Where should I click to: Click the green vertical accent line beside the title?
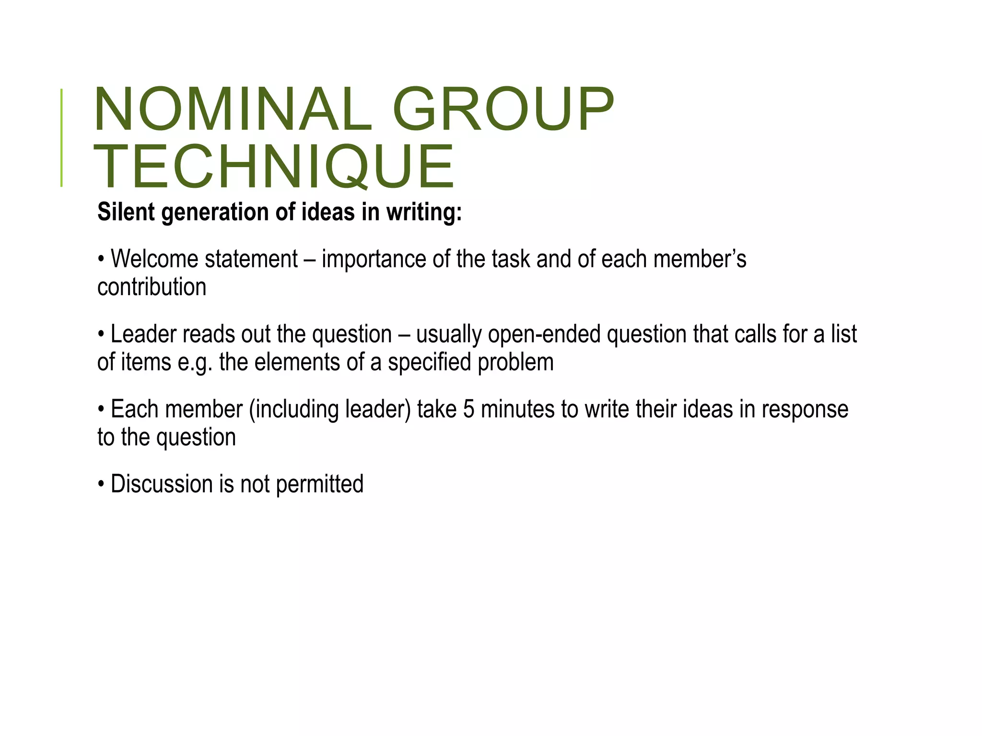[x=61, y=138]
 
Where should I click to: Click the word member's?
[x=700, y=259]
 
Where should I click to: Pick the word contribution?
[x=152, y=287]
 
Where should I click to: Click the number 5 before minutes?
[x=469, y=409]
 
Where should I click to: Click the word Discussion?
[x=162, y=484]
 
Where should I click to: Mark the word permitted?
[x=320, y=484]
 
